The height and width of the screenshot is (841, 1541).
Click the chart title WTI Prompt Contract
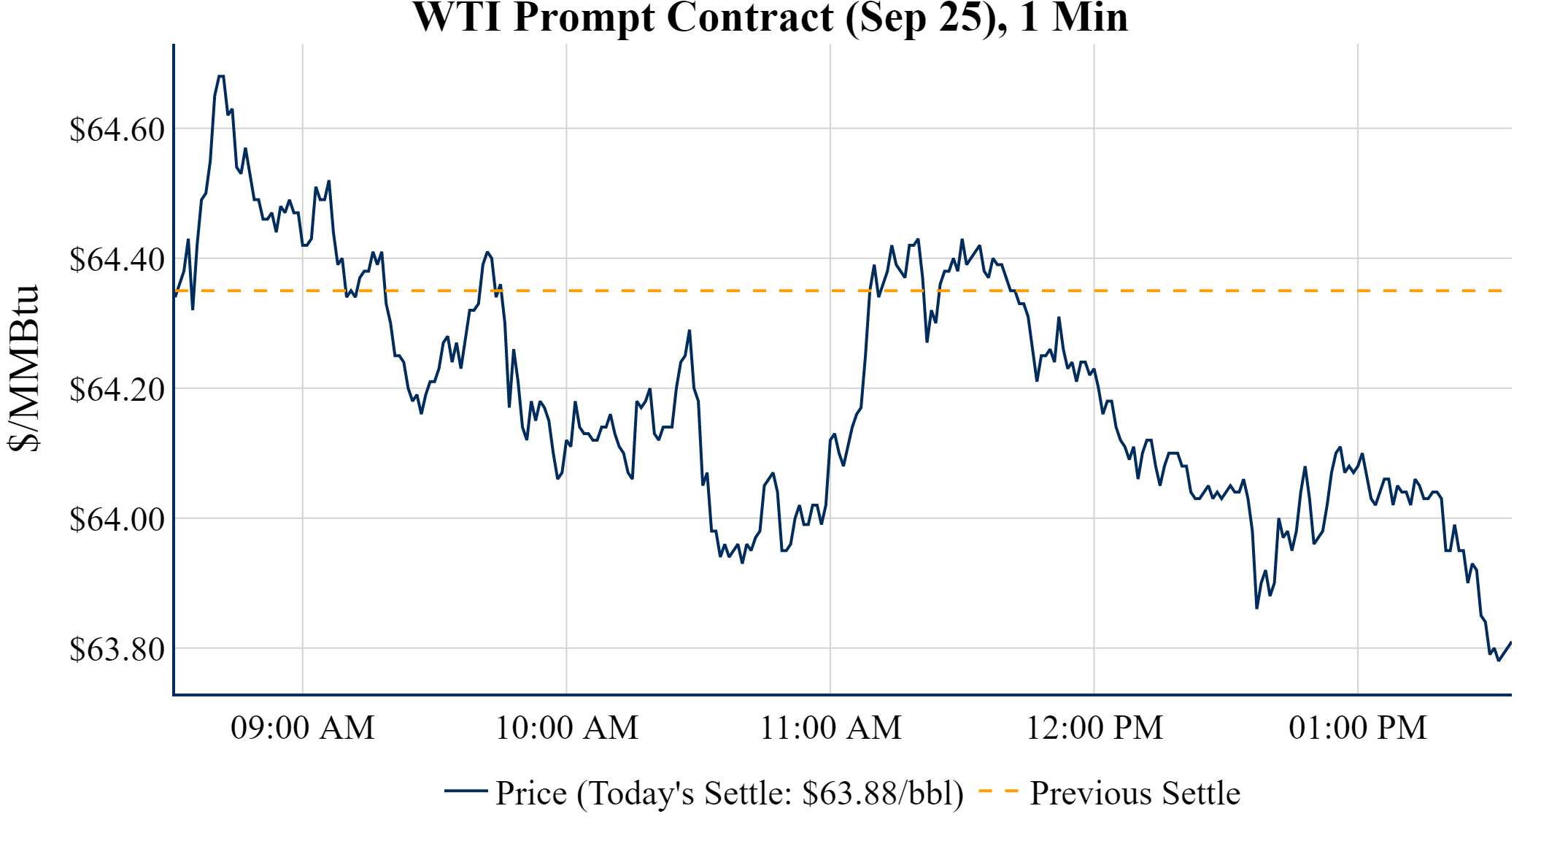[x=770, y=18]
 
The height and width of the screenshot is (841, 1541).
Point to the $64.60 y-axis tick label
[x=117, y=130]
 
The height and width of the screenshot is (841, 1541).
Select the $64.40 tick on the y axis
[x=117, y=260]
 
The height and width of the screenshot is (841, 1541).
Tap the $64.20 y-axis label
[x=117, y=390]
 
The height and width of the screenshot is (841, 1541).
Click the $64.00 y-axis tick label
[x=117, y=520]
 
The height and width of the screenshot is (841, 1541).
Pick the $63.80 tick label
[x=117, y=650]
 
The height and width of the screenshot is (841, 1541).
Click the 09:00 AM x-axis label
[x=303, y=728]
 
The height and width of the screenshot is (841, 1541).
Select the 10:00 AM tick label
[x=567, y=728]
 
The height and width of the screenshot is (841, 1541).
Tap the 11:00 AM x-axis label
[x=830, y=728]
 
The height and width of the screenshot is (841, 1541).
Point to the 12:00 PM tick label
[x=1094, y=728]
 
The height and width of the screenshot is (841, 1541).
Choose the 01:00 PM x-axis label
[x=1358, y=728]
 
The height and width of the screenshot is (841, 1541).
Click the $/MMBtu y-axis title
[x=23, y=369]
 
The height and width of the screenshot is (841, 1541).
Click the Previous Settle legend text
[x=1135, y=794]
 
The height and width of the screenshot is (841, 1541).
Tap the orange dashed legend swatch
[x=998, y=791]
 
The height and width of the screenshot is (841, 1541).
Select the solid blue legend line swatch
[x=466, y=791]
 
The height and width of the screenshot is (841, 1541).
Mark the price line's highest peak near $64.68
[x=220, y=76]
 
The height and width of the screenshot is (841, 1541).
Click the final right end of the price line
[x=1510, y=642]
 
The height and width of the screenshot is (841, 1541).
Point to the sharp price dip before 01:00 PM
[x=1256, y=607]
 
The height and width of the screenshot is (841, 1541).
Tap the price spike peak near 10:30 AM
[x=690, y=331]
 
